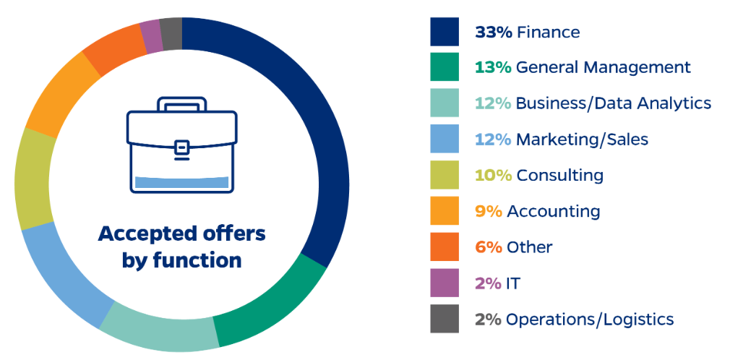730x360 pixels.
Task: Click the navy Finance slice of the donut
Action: point(318,130)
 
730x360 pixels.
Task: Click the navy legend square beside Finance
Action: point(444,32)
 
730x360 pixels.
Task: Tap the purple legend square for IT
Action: point(444,283)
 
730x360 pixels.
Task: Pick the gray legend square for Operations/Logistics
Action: point(444,319)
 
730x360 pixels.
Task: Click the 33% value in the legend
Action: point(493,32)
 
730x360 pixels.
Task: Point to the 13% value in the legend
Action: point(493,67)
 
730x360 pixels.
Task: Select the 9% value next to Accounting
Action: point(489,211)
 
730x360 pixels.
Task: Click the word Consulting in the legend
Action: point(559,175)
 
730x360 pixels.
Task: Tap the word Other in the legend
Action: point(529,247)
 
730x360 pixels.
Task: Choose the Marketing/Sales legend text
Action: point(582,139)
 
